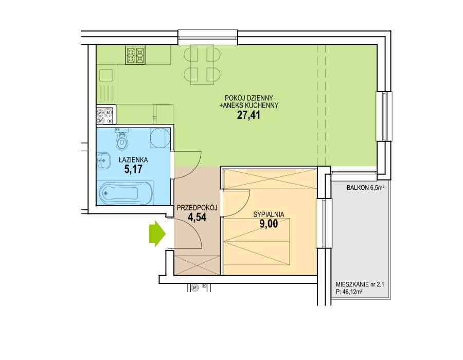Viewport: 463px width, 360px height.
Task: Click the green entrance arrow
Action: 157,233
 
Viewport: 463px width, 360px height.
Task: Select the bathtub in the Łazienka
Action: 125,193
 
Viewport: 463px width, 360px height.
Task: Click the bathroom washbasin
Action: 103,161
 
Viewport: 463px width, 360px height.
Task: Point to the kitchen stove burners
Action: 135,55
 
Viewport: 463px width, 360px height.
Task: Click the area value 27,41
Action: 248,115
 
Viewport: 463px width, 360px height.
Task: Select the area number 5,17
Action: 133,169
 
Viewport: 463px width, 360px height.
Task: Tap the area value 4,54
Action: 197,217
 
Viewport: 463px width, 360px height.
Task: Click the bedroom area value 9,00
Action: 269,223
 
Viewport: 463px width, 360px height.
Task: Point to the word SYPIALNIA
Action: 269,214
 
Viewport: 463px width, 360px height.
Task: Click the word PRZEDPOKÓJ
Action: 197,207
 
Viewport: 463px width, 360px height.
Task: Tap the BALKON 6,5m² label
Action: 365,187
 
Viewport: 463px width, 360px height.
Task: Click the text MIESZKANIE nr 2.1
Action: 360,285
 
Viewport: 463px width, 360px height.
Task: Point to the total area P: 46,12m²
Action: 349,292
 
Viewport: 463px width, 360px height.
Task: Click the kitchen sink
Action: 106,76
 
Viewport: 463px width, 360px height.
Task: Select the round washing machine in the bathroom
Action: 160,137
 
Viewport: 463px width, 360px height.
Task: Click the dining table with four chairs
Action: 202,65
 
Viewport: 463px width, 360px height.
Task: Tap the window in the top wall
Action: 208,38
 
